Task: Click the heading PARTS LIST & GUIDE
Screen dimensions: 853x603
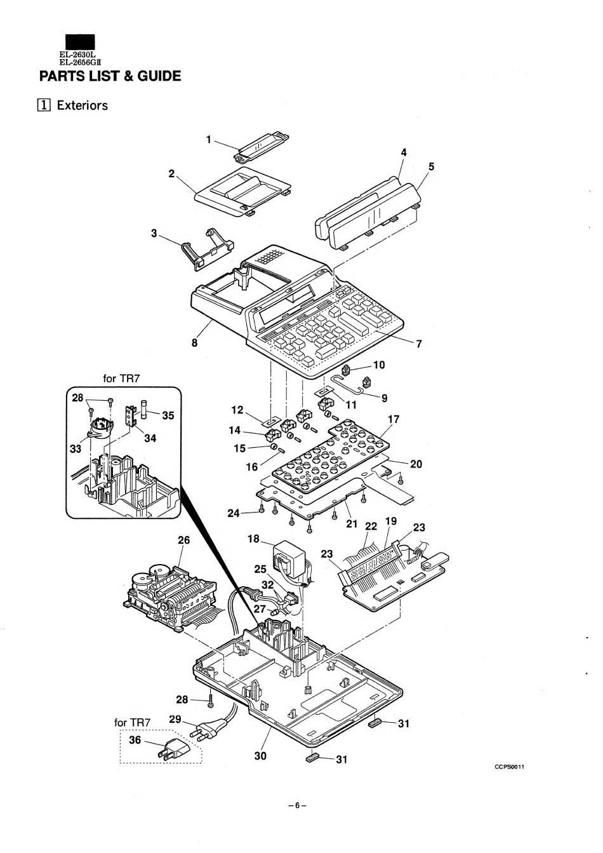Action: click(110, 76)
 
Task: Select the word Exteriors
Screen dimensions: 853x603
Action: click(82, 105)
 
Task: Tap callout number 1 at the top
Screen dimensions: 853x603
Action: click(208, 140)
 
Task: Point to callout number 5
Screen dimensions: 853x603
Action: click(431, 167)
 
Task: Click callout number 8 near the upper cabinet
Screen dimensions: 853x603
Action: click(195, 343)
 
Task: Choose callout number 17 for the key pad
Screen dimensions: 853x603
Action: click(394, 420)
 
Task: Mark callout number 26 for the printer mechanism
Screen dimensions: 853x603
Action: click(183, 541)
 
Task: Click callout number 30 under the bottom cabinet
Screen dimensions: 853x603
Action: click(260, 755)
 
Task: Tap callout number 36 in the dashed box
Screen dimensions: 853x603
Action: click(135, 740)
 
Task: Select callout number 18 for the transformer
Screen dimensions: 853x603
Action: click(253, 539)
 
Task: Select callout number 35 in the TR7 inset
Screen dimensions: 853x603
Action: click(168, 417)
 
